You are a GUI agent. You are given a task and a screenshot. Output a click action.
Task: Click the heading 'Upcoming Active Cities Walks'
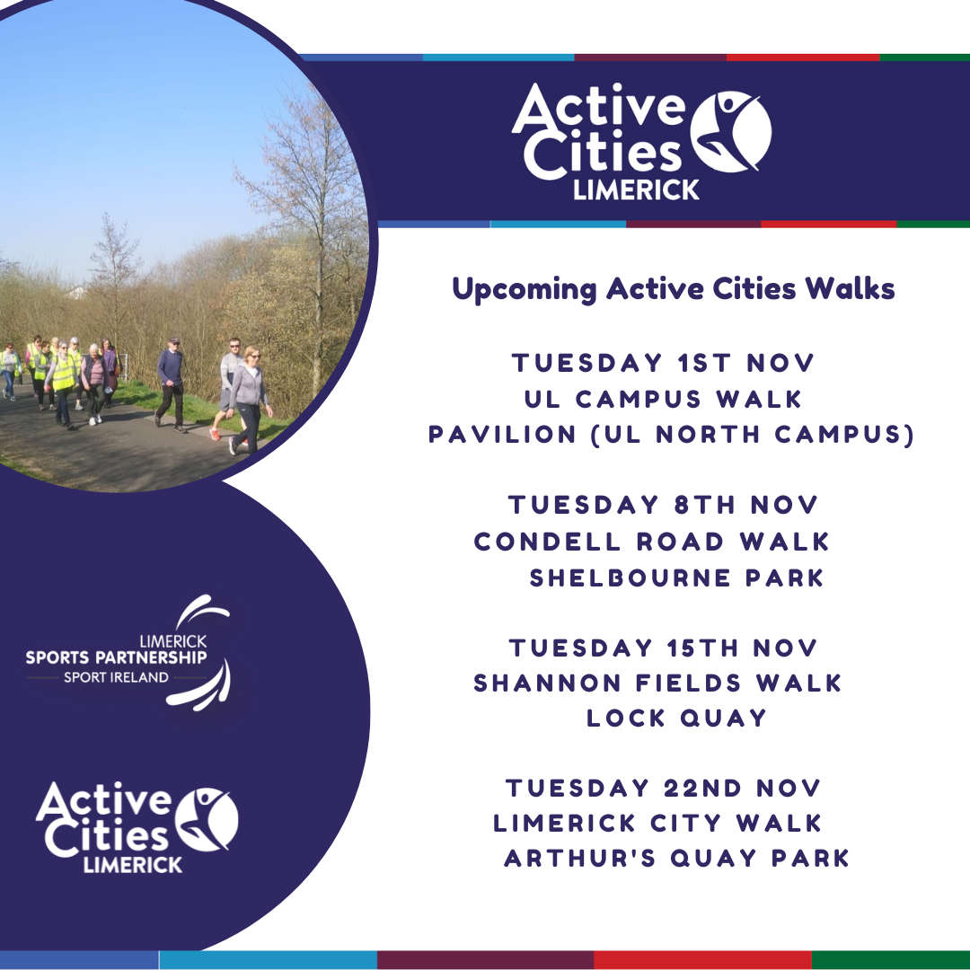tap(673, 289)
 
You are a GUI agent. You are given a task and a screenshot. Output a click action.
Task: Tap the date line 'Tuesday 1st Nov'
tap(663, 363)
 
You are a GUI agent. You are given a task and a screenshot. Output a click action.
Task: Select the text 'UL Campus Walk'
tap(663, 399)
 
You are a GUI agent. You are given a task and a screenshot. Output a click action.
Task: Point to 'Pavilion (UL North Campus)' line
tap(671, 435)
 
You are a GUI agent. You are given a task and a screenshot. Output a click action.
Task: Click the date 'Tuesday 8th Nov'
tap(663, 505)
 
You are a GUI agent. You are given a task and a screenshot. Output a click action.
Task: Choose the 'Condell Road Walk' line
tap(651, 542)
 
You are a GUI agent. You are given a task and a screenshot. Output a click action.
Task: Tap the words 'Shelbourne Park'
tap(677, 578)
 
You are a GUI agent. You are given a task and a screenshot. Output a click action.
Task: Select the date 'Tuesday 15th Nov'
tap(663, 648)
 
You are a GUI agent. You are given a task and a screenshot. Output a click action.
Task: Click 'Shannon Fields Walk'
tap(657, 683)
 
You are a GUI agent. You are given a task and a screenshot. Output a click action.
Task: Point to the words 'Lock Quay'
tap(677, 719)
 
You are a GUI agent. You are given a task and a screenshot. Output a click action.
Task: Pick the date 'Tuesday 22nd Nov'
tap(663, 789)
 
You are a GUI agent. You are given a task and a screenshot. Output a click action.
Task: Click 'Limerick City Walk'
tap(657, 824)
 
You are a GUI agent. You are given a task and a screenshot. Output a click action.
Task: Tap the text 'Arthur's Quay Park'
tap(677, 859)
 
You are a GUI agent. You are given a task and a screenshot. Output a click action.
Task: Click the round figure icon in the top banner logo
tap(730, 131)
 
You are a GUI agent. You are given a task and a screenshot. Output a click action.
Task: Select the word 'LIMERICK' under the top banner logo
tap(636, 190)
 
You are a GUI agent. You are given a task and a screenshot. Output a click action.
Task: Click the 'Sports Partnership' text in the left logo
tap(116, 657)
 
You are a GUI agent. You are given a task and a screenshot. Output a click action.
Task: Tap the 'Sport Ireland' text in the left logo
tap(116, 677)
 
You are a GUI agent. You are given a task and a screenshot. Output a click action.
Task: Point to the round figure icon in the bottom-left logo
tap(207, 819)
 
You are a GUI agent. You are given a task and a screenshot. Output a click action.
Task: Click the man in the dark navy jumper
tap(171, 384)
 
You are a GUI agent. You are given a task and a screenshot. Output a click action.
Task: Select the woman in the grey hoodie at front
tap(250, 400)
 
